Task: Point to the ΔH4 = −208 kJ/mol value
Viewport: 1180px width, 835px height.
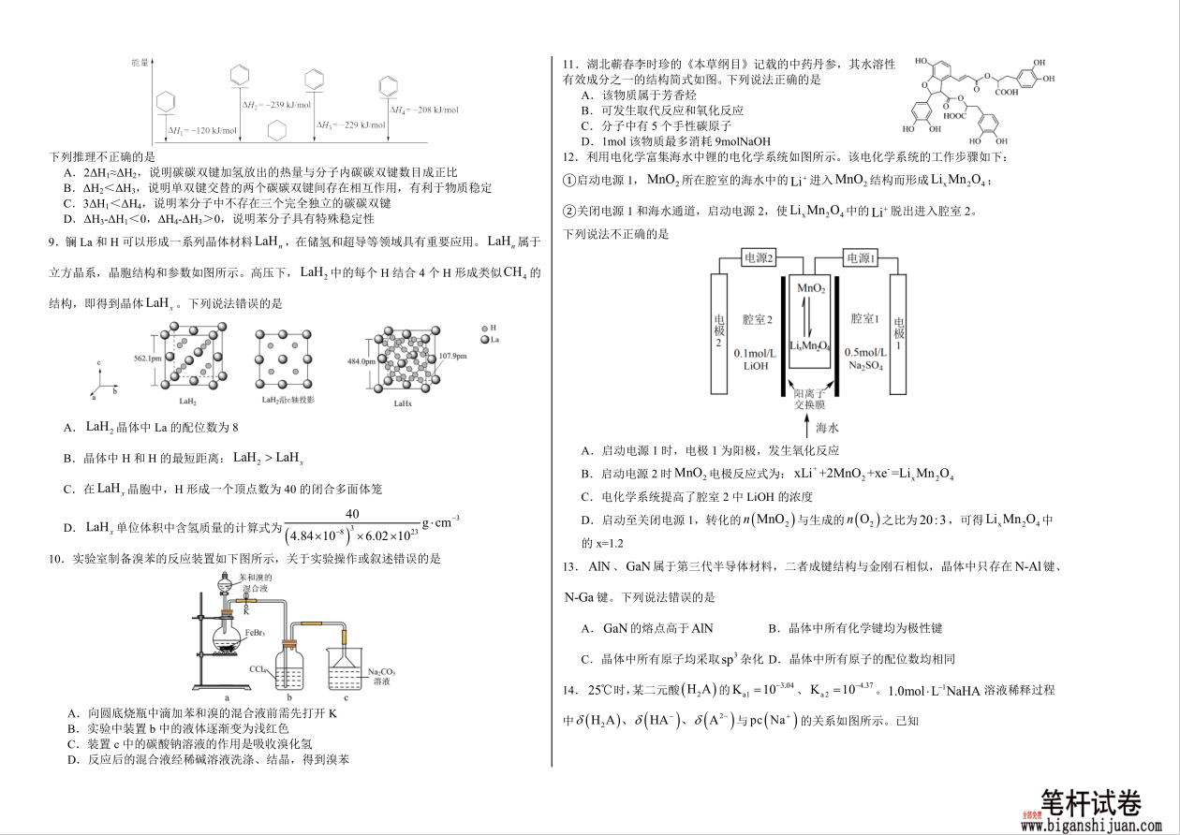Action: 425,110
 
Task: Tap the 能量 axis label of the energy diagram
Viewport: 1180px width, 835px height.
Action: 140,62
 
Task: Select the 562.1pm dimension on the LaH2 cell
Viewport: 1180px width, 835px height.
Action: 147,359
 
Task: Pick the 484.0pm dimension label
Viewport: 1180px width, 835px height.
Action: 361,361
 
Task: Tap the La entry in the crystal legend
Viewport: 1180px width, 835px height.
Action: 494,340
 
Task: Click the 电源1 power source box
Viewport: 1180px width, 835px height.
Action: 859,258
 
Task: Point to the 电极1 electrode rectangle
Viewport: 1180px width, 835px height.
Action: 898,333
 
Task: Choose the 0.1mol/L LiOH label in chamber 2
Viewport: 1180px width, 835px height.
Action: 755,359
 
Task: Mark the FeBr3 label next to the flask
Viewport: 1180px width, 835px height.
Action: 256,634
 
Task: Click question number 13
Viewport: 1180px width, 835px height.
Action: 568,566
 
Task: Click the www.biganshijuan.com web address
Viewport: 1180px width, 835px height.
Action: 1091,826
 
